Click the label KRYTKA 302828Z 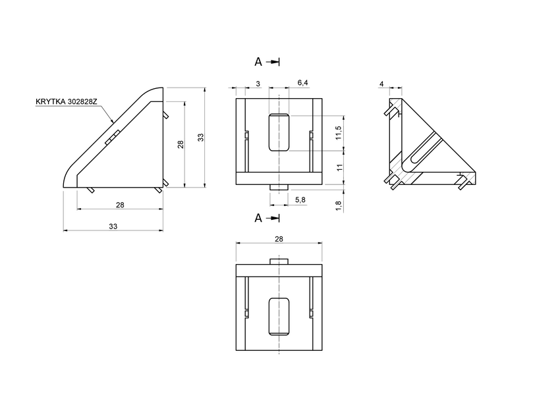point(66,103)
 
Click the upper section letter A point(259,61)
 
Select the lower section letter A point(259,218)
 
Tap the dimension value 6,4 point(303,82)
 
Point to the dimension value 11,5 point(338,133)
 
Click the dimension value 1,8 point(338,205)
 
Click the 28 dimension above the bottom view point(279,239)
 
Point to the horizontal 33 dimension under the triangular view point(113,226)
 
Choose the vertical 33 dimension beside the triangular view point(201,137)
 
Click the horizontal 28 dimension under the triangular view point(119,205)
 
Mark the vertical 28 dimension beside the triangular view point(181,144)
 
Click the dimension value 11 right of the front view point(338,168)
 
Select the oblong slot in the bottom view point(279,316)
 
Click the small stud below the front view point(279,187)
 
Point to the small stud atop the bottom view point(279,261)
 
